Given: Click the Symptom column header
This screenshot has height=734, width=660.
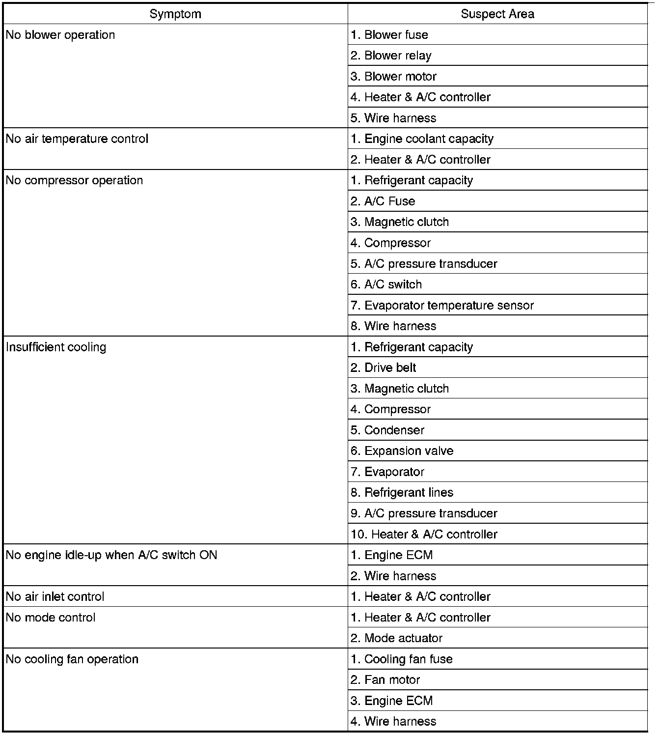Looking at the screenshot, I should (x=175, y=14).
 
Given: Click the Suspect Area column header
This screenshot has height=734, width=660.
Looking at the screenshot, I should (x=497, y=14).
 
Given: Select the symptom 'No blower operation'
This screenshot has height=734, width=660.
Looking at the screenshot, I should (x=60, y=35).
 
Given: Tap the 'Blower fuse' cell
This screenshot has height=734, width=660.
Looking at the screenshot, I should (x=389, y=35).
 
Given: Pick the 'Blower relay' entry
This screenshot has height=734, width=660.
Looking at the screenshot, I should (x=391, y=56).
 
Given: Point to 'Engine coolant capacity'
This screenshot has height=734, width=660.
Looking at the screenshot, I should (x=422, y=139).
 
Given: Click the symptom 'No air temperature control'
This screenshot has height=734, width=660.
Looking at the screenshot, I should (x=77, y=139).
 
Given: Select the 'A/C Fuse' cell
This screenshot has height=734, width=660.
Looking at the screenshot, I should (x=383, y=201).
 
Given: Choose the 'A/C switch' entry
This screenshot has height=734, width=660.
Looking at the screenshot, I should (x=386, y=284).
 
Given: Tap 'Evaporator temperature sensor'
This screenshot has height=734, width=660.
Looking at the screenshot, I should (x=442, y=306).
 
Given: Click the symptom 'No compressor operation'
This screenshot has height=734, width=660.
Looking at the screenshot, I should (x=75, y=181).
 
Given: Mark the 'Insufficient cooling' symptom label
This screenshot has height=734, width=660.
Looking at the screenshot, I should (x=56, y=347).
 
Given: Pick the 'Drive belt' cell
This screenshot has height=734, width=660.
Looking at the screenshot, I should (x=384, y=368).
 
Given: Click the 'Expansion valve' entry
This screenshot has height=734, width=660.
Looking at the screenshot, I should (x=402, y=451).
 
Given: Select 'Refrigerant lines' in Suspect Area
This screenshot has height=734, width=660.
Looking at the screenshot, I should (x=402, y=493).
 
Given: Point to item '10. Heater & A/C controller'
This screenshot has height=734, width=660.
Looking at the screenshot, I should (x=424, y=535).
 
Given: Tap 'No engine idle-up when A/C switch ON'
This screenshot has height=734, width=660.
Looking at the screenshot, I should (x=111, y=555).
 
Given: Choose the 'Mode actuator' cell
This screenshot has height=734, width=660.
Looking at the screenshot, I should (x=397, y=638).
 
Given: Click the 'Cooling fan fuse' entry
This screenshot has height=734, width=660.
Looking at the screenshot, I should (x=402, y=659).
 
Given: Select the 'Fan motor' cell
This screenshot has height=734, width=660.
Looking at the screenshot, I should (x=385, y=680).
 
